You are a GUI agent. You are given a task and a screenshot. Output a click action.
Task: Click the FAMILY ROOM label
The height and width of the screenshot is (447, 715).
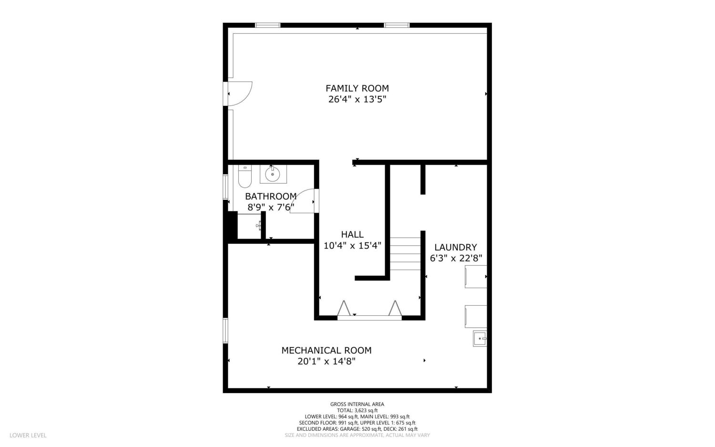pos(357,88)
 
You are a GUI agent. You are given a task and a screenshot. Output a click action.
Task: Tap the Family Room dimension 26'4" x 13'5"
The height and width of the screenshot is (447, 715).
pos(357,99)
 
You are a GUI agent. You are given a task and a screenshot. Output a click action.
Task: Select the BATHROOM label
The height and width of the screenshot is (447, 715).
pos(271,196)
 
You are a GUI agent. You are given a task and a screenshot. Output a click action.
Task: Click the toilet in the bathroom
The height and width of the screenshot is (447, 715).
pos(245,176)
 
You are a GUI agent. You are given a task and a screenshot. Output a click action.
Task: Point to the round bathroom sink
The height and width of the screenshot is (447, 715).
pos(273,175)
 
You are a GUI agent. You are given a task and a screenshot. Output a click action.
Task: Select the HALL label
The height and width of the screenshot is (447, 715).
pos(352,235)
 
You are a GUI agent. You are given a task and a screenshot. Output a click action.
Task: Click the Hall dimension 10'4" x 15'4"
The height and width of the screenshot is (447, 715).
pos(352,246)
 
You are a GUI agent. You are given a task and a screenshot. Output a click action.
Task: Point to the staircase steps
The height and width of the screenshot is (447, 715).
pos(405,254)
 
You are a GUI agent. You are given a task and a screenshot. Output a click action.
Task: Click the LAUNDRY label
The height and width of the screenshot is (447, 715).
pos(456,247)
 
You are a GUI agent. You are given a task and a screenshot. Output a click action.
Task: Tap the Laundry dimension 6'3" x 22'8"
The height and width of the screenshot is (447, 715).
pos(456,258)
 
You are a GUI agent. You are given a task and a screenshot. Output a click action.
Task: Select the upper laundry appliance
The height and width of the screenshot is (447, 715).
pos(476,276)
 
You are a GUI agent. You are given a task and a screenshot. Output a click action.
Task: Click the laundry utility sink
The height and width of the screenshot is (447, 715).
pos(480,338)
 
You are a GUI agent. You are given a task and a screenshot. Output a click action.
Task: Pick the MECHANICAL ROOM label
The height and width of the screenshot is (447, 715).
pos(326,351)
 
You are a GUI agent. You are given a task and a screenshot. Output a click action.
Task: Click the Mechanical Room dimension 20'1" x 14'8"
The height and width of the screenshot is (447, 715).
pos(326,362)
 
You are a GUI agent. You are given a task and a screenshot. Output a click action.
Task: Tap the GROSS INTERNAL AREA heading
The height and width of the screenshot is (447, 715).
pos(357,404)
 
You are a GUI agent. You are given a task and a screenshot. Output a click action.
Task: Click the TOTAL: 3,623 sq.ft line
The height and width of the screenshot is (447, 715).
pos(357,411)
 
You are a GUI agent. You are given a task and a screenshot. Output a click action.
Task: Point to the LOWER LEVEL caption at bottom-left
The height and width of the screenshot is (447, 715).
pos(28,435)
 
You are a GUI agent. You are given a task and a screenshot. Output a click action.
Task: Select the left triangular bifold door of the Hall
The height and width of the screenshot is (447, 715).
pos(344,309)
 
